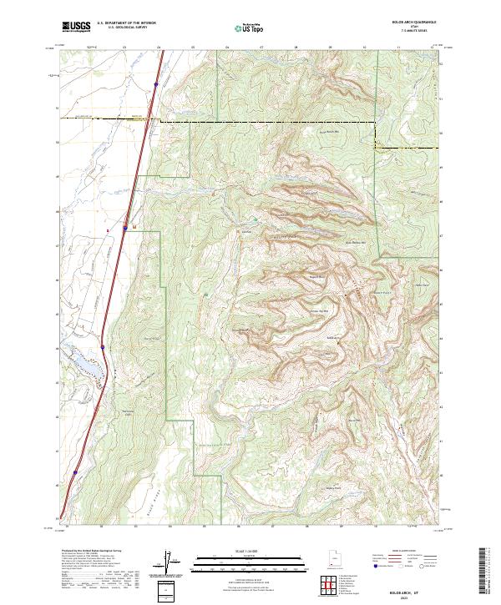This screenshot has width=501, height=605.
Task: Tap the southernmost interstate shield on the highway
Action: pos(76,472)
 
